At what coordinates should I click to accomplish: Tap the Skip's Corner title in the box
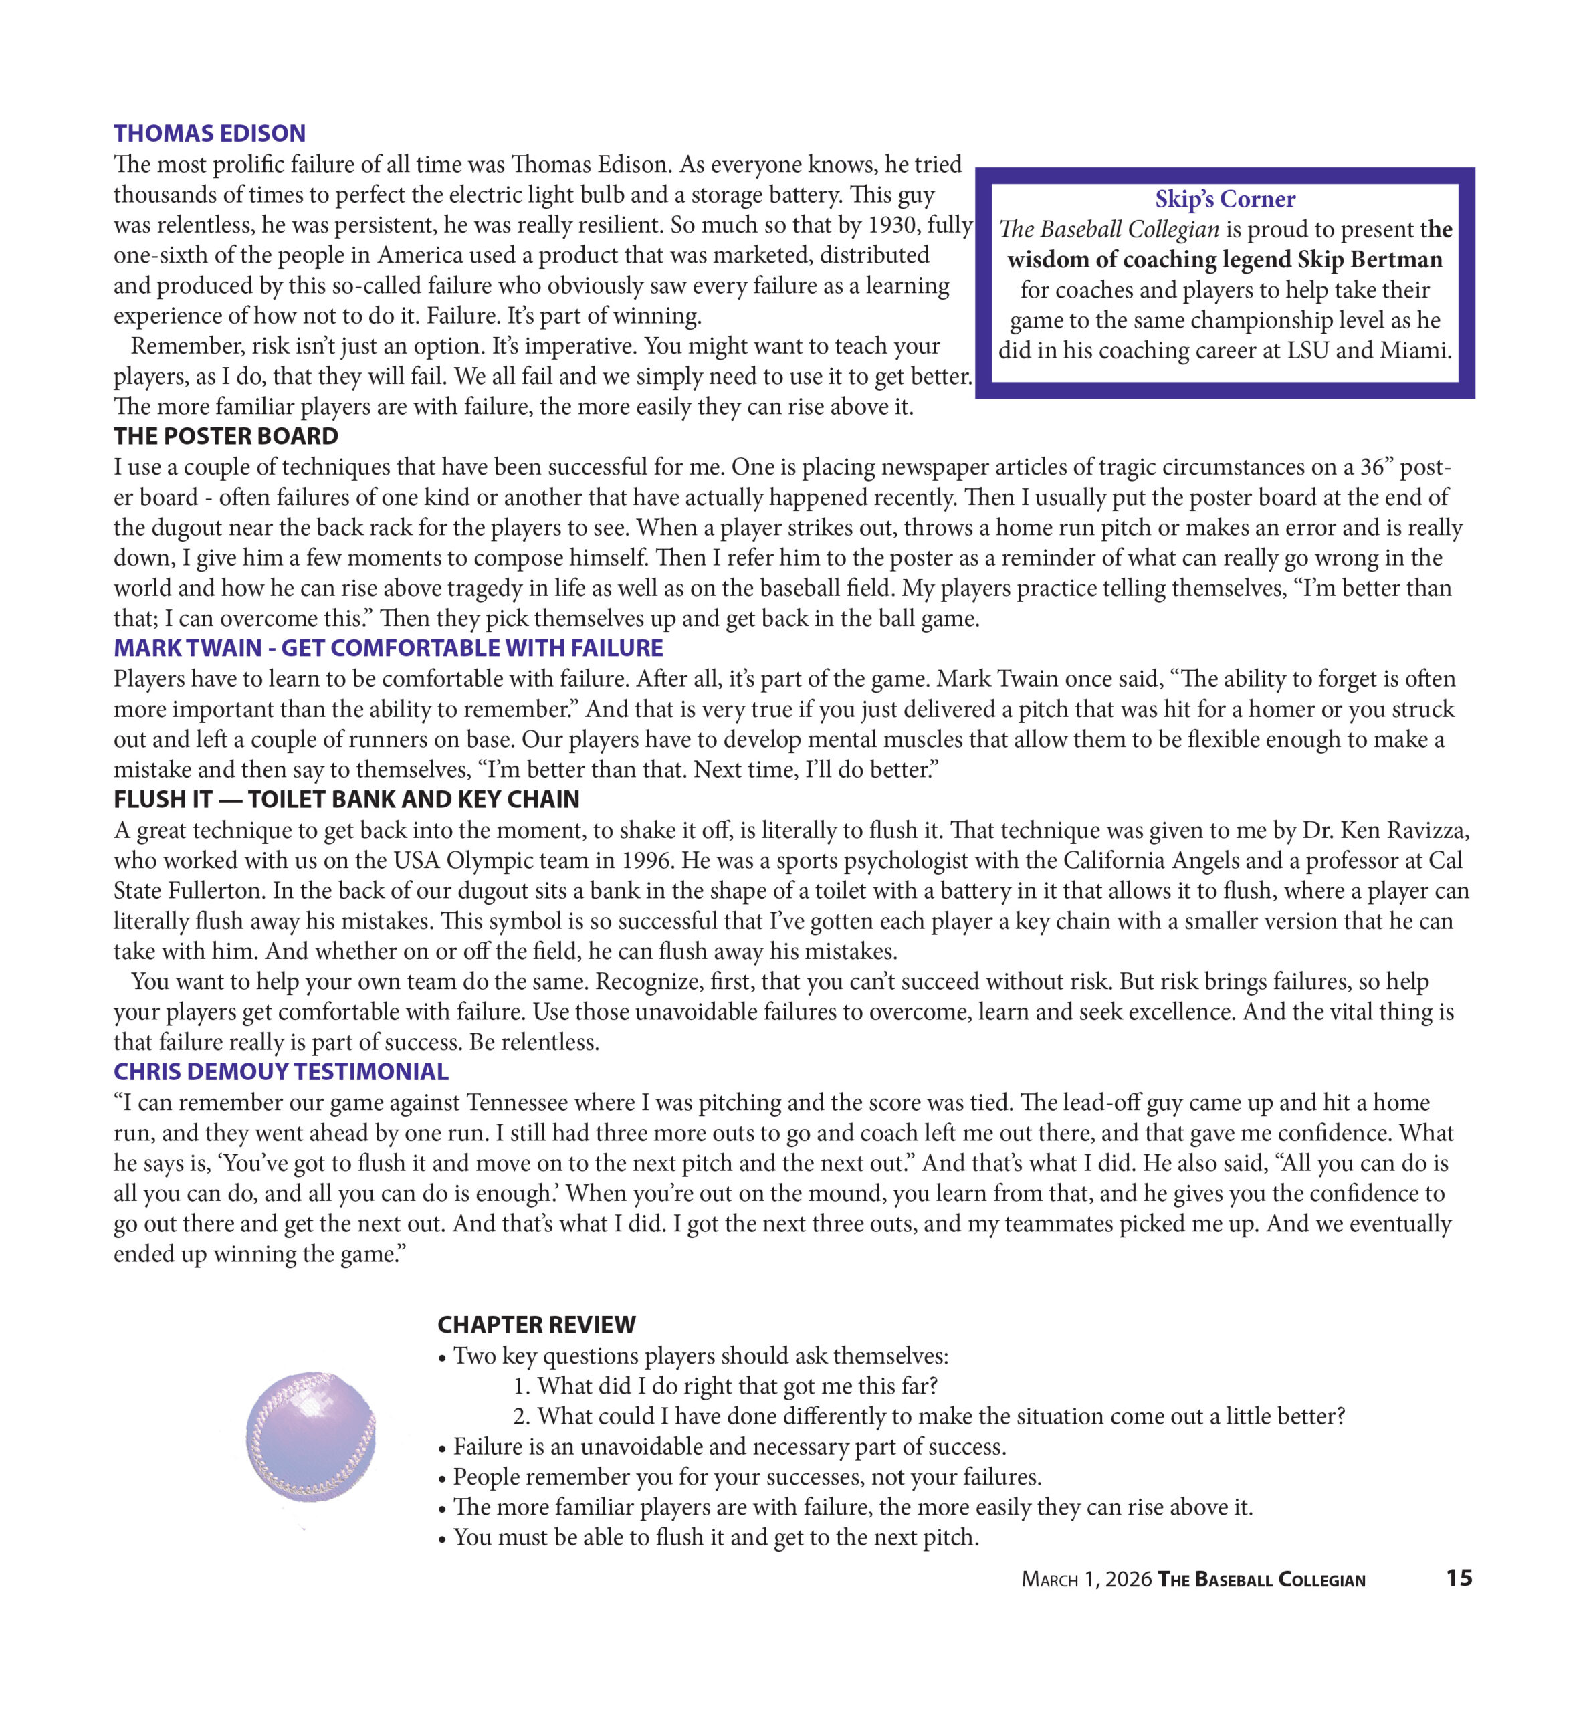[1224, 199]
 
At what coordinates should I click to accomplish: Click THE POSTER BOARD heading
[225, 436]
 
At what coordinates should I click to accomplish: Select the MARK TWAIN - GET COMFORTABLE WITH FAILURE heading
[388, 647]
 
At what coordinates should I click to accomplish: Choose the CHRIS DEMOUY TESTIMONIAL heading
[280, 1071]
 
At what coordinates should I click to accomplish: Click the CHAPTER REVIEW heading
[536, 1324]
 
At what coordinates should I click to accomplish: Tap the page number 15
[1459, 1578]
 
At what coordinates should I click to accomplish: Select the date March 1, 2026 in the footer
[1085, 1579]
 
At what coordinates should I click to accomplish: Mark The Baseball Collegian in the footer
[1261, 1579]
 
